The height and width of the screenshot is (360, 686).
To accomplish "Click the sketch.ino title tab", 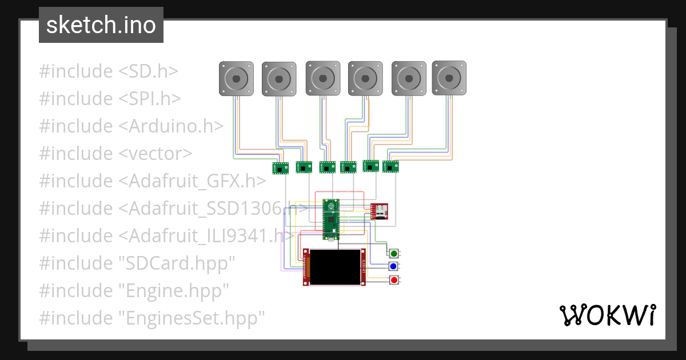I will [x=101, y=25].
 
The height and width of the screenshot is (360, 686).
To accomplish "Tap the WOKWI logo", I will [x=607, y=315].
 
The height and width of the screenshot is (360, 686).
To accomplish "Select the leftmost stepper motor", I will [x=236, y=78].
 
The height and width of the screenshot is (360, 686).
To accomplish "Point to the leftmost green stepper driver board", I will [x=280, y=168].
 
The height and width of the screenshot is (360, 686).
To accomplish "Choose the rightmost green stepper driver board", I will [x=391, y=167].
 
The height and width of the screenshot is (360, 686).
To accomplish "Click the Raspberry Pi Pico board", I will [x=330, y=219].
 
